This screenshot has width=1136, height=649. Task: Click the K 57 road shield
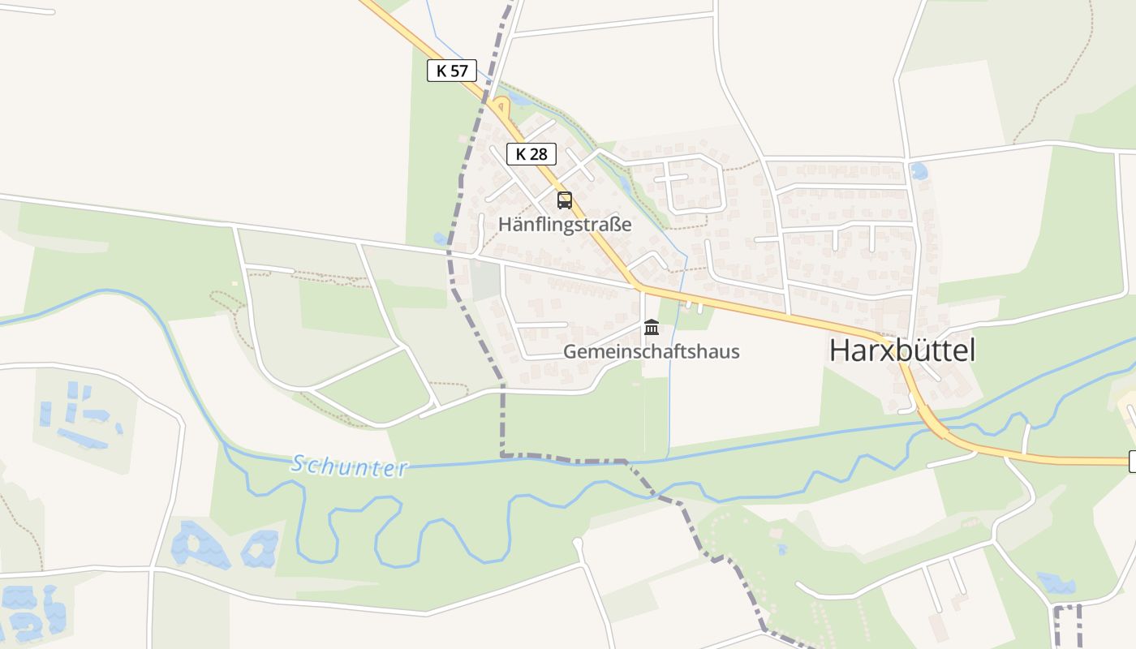tap(452, 71)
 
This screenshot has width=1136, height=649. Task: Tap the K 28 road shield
tap(531, 153)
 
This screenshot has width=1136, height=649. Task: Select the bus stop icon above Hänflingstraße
tap(565, 200)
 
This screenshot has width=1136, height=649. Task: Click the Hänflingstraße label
tap(565, 224)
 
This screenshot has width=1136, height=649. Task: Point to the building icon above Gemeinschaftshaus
tap(651, 328)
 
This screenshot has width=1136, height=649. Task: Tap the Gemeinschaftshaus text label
tap(651, 351)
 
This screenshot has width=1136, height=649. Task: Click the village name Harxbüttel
tap(901, 350)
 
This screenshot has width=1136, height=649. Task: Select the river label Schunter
tap(349, 466)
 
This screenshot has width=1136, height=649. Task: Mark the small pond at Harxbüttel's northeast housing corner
tap(919, 171)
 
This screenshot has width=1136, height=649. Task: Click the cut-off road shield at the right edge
tap(1132, 462)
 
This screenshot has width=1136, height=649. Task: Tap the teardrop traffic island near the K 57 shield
tap(498, 105)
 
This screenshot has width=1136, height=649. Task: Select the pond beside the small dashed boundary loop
tap(1056, 582)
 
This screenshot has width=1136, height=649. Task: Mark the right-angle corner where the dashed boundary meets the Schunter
tap(502, 455)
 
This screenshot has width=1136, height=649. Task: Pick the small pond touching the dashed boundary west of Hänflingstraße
tap(440, 239)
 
